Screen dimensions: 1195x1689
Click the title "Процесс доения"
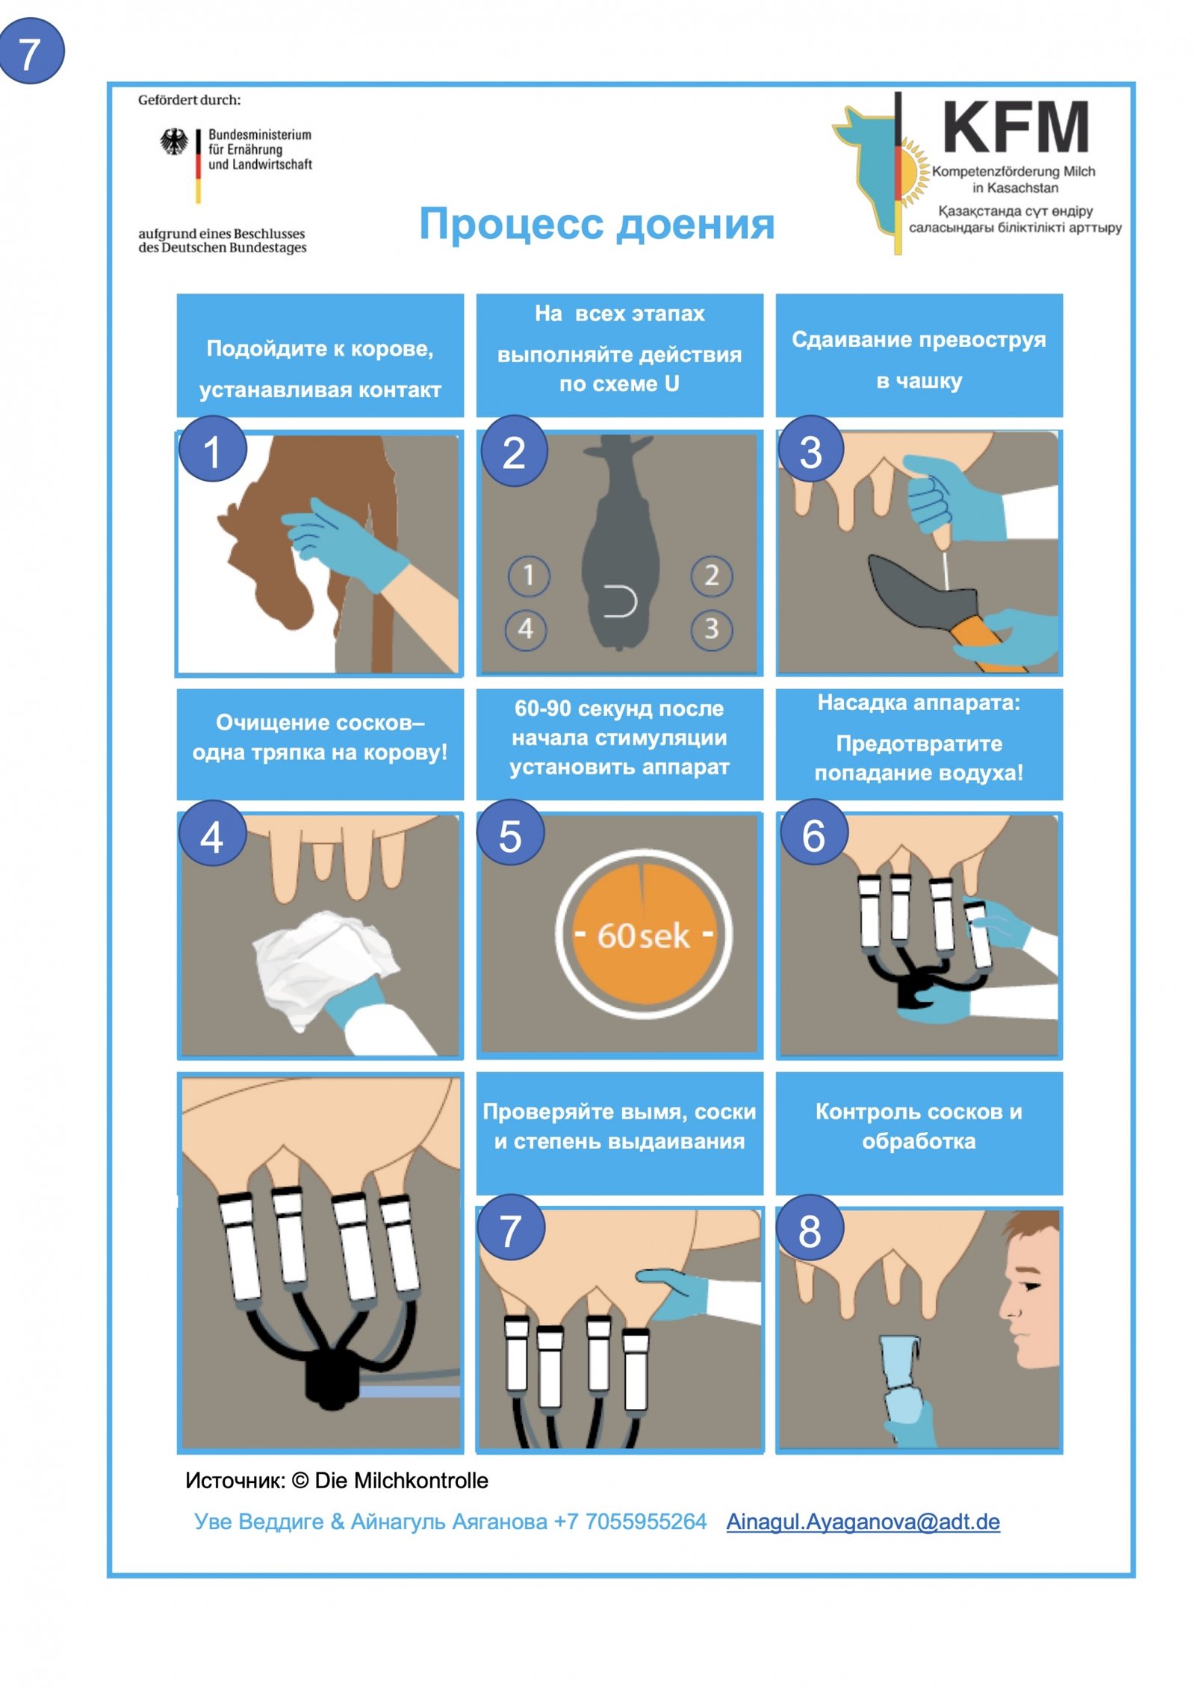point(597,224)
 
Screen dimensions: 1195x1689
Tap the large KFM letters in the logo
point(1016,128)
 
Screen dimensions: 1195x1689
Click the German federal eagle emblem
point(175,142)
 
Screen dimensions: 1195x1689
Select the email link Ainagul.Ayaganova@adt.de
point(863,1521)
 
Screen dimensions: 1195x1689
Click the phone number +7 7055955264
point(630,1521)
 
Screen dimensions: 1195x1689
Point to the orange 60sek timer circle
point(643,934)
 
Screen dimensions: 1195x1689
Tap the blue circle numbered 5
point(511,835)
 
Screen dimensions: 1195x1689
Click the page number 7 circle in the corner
point(31,52)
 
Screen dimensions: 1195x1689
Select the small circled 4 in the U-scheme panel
point(526,629)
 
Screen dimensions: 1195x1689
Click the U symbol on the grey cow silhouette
point(621,602)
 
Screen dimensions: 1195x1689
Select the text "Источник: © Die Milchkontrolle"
point(337,1481)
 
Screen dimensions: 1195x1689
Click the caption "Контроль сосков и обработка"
point(919,1126)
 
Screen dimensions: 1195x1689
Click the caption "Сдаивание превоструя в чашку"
point(919,360)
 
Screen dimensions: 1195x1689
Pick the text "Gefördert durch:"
point(190,100)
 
